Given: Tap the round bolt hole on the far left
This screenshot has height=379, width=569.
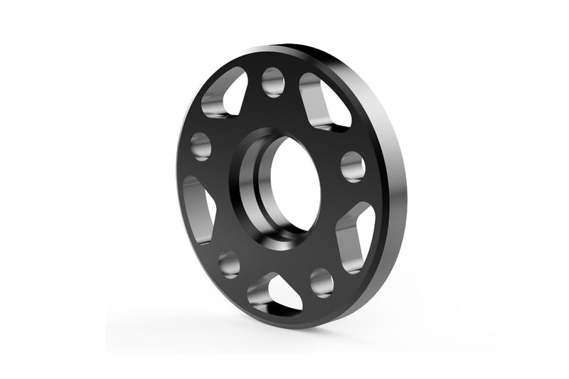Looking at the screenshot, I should (201, 146).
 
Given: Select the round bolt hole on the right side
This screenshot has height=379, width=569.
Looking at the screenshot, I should (353, 166).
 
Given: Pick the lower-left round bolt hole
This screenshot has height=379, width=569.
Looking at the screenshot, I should (229, 264).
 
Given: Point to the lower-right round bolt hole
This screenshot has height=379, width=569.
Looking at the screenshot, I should (321, 282).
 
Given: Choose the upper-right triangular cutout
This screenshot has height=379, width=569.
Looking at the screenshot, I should (324, 102).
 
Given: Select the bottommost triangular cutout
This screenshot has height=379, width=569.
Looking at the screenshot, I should (275, 292).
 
